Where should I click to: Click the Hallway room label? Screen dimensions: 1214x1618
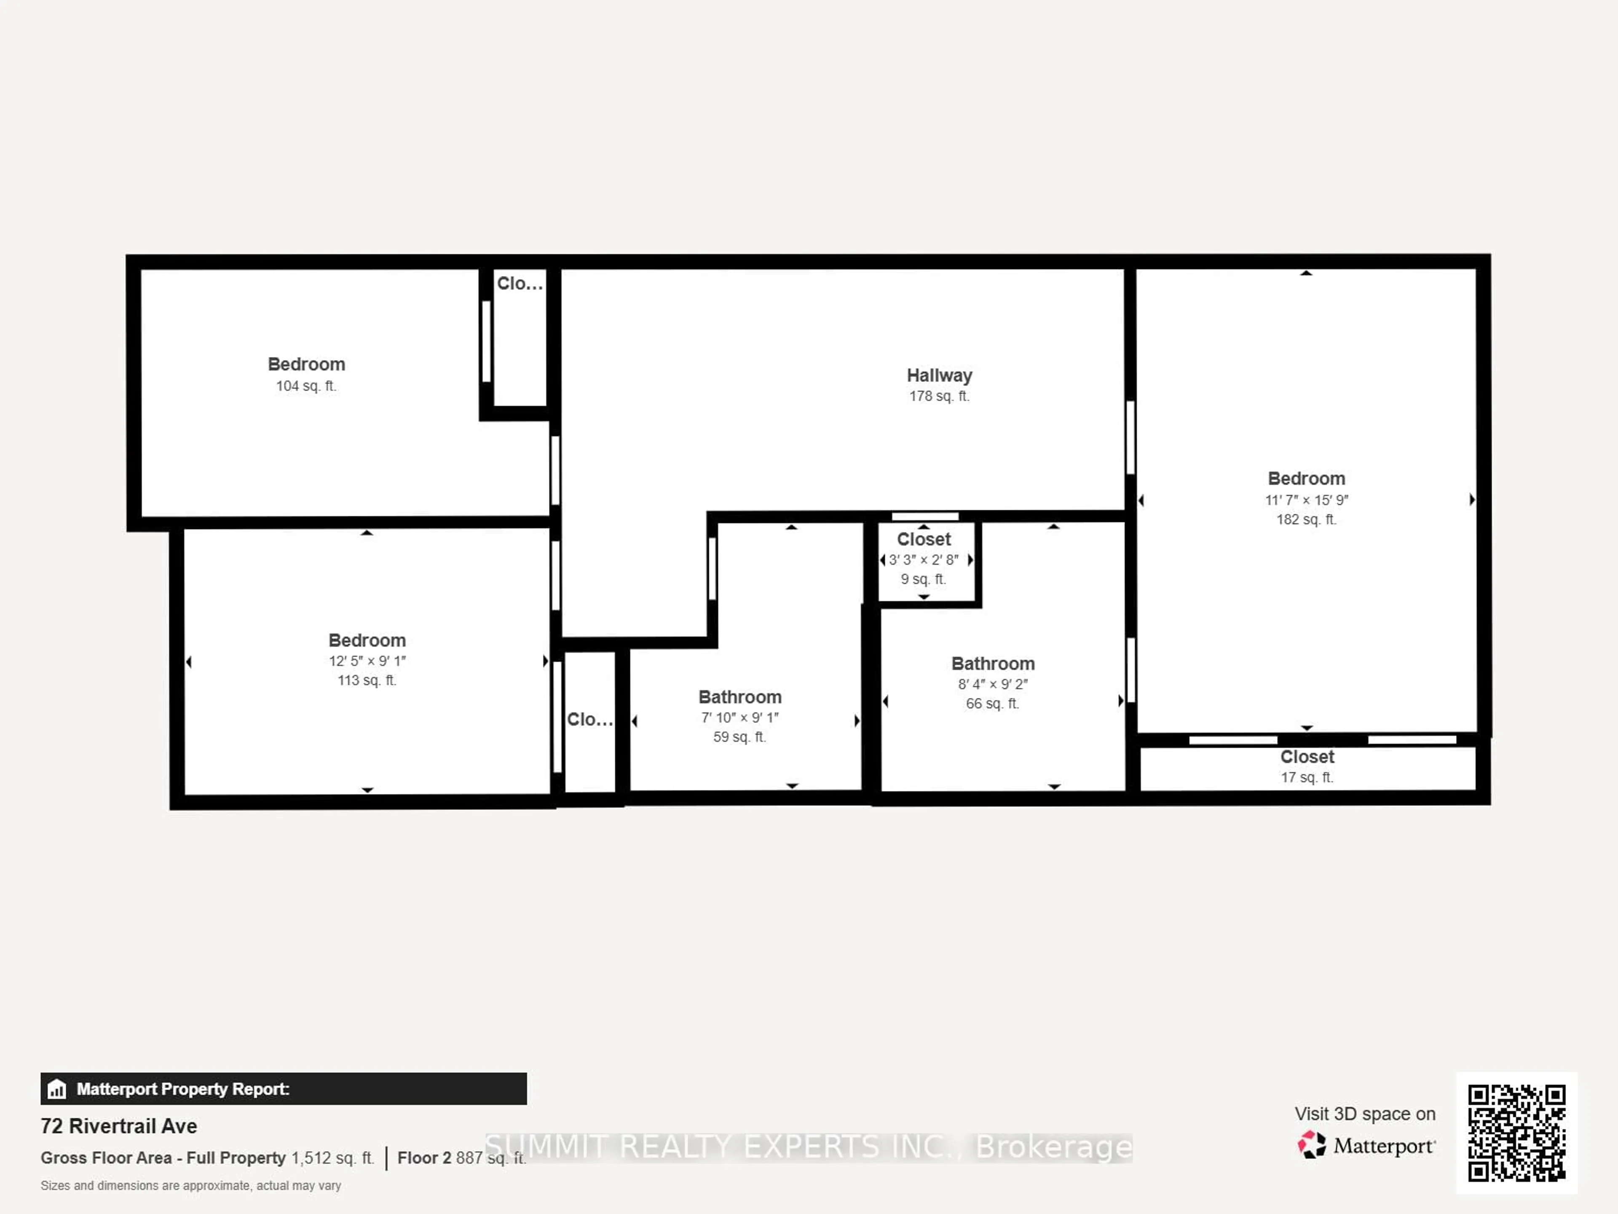(939, 376)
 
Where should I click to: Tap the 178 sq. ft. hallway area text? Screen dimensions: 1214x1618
(939, 396)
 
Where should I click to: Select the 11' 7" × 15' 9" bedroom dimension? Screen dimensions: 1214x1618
(1306, 500)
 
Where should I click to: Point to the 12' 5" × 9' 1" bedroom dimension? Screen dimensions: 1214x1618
(367, 661)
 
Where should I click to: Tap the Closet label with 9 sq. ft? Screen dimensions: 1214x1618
(924, 539)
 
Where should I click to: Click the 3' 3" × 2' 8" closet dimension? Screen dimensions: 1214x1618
(924, 560)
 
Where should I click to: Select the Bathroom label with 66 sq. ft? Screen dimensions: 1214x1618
(993, 664)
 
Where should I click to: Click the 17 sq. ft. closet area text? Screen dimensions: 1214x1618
(1306, 777)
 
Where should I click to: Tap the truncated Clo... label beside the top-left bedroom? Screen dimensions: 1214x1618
(520, 283)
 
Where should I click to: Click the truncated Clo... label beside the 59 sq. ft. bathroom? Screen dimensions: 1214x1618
(589, 719)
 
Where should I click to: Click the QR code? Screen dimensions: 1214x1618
(1516, 1132)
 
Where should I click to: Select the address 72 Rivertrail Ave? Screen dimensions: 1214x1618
(118, 1126)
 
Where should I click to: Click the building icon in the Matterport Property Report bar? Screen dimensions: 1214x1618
(57, 1090)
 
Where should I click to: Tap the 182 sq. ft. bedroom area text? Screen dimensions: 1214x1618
(1306, 520)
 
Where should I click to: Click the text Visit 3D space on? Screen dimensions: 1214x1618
(1365, 1114)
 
